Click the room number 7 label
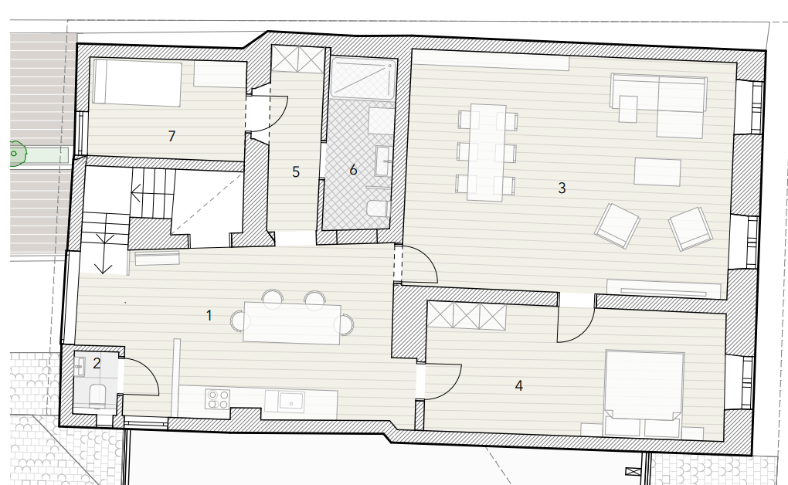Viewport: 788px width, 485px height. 172,136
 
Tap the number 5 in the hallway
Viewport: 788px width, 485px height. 296,172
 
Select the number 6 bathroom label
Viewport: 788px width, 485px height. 353,170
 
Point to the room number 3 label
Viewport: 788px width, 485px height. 562,188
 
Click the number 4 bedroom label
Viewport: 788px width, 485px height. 519,385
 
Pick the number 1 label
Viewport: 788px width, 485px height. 209,316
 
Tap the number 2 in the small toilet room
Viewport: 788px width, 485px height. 97,363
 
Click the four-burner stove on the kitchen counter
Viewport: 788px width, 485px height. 218,399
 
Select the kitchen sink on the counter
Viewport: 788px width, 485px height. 291,402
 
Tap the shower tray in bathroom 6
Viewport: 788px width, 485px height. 363,79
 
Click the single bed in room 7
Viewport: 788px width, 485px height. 138,83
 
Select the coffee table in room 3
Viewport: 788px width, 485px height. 657,172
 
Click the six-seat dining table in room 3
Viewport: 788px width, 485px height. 487,153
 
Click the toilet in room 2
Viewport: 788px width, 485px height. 97,395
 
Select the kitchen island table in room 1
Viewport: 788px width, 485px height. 292,323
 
